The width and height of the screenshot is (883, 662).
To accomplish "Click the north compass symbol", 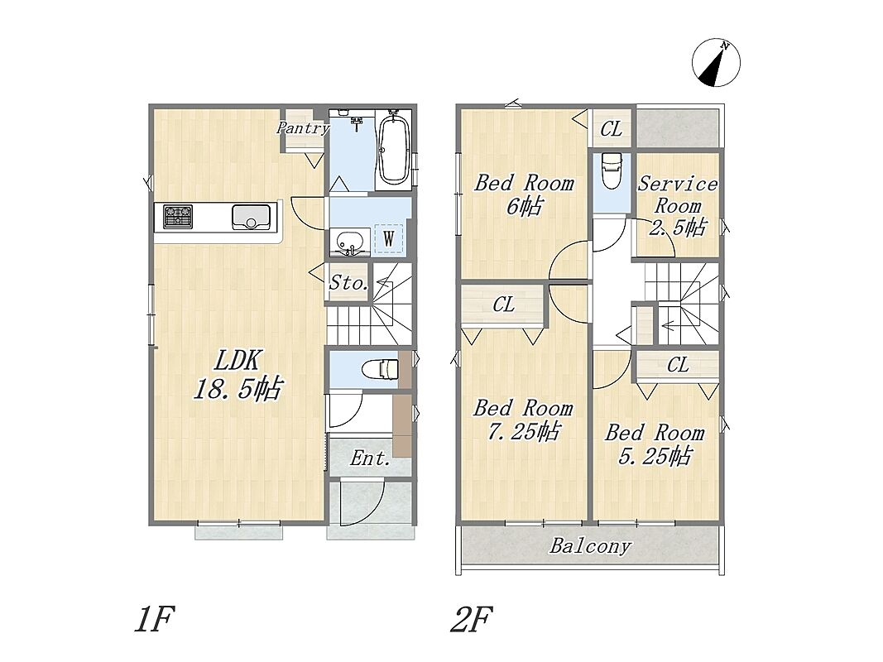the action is [716, 63].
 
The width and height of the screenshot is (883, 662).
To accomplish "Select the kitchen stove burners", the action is [178, 217].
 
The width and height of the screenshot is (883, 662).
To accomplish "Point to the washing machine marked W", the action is [389, 238].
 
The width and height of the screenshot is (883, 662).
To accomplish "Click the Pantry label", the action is [302, 128].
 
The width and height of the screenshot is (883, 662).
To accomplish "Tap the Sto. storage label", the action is [348, 282].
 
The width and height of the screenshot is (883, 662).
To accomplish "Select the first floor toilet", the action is [381, 369].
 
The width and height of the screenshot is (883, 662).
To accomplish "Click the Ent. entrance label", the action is [370, 458].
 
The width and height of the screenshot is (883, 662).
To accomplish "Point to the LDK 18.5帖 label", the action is [237, 374].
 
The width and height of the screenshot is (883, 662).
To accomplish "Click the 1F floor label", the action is [155, 619].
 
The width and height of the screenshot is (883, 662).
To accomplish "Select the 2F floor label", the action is [472, 619].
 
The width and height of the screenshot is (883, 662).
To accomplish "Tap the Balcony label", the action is [590, 546].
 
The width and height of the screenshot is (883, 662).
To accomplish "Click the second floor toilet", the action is [611, 171].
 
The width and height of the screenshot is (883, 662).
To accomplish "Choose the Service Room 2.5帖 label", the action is [678, 205].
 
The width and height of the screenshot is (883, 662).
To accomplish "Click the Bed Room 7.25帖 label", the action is [523, 420].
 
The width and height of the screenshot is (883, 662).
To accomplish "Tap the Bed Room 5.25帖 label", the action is [655, 444].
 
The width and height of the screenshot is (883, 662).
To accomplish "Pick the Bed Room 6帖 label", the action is [524, 194].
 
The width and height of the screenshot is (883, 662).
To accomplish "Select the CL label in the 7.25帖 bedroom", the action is [503, 305].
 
